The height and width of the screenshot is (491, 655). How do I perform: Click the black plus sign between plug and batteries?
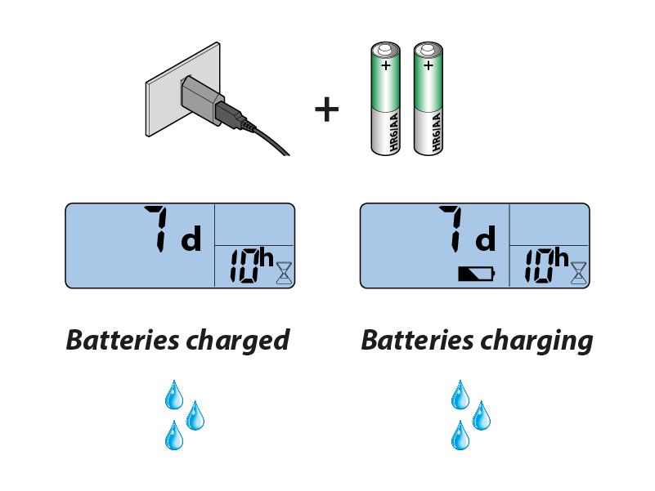point(326,109)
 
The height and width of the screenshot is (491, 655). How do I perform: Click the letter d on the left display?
point(191,241)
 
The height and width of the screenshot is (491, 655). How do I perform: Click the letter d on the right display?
point(486,241)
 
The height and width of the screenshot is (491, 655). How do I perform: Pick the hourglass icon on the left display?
point(283,272)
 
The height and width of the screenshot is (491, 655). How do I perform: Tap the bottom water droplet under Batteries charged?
point(174,435)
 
